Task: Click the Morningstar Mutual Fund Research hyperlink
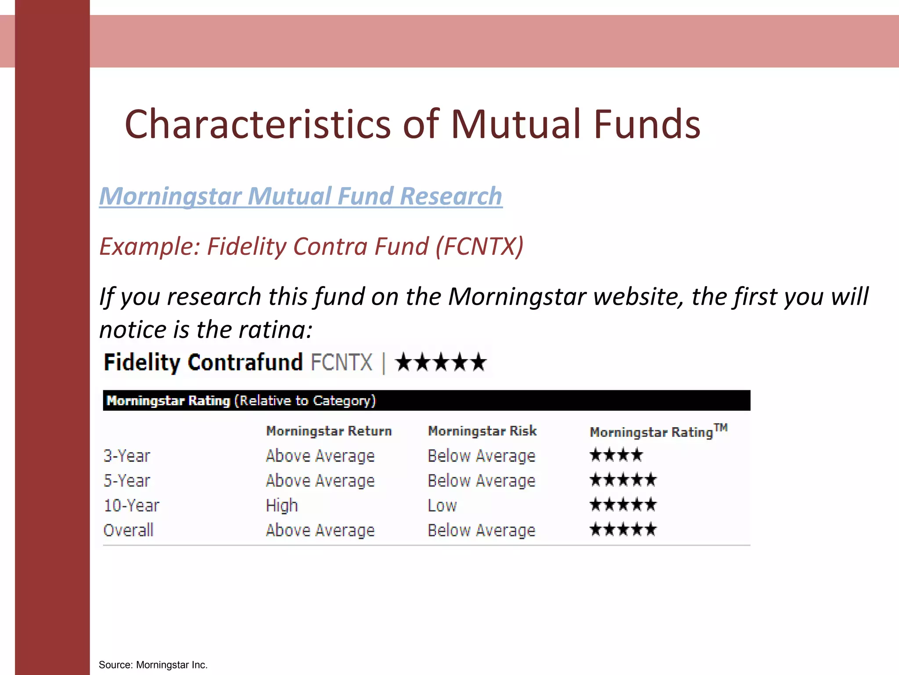click(x=301, y=196)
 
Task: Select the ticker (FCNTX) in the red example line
click(x=479, y=246)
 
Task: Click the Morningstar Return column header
click(x=329, y=431)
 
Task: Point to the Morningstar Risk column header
click(x=482, y=431)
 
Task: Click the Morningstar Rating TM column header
click(x=658, y=431)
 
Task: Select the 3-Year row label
click(x=127, y=456)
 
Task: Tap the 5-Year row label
click(x=127, y=481)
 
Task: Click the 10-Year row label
click(x=131, y=506)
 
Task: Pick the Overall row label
click(x=128, y=530)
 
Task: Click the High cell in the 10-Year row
click(x=282, y=506)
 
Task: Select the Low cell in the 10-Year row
click(x=442, y=506)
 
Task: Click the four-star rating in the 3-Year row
click(x=616, y=455)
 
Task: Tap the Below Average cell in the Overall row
click(x=482, y=530)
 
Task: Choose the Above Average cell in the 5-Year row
click(x=320, y=481)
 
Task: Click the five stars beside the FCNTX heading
click(x=441, y=363)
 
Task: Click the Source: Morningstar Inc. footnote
click(x=153, y=665)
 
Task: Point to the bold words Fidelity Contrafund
click(x=203, y=363)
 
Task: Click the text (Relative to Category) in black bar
click(x=305, y=401)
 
